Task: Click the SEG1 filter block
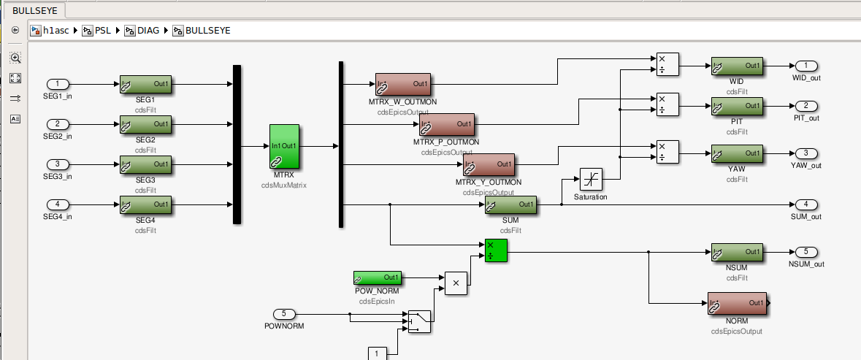145,85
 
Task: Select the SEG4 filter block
145,205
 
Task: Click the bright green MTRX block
284,146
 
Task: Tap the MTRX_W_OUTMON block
403,85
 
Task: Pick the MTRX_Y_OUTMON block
489,164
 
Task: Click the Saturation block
591,179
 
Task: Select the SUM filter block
510,205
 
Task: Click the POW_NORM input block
378,277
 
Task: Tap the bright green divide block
497,250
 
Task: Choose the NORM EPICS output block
737,303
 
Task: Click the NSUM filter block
737,253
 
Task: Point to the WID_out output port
807,66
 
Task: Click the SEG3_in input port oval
58,164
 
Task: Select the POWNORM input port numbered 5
284,314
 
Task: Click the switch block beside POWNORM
419,321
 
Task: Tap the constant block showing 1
378,353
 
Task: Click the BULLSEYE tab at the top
34,10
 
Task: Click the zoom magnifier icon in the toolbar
15,58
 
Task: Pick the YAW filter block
737,153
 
